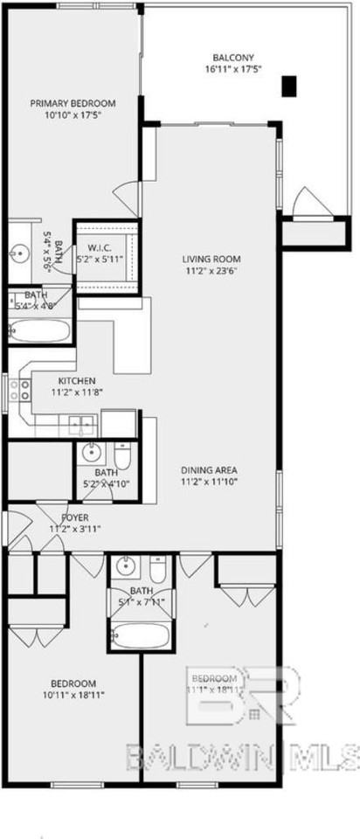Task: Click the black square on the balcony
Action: click(290, 86)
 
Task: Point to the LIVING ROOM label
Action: click(211, 259)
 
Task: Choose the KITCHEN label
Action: click(77, 381)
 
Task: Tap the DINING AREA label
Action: click(209, 468)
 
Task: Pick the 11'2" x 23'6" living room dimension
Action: click(211, 272)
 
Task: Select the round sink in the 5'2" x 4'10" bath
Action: click(92, 454)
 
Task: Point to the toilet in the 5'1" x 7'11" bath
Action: click(157, 571)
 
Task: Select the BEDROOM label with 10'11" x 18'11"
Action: click(73, 683)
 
